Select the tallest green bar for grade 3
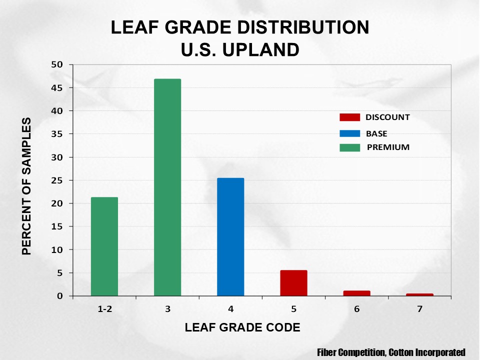click(167, 187)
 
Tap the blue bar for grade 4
click(230, 237)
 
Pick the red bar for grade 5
click(293, 283)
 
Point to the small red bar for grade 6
click(356, 293)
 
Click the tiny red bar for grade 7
click(419, 294)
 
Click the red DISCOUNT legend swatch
click(349, 117)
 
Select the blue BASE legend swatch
click(349, 133)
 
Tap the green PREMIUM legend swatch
click(349, 147)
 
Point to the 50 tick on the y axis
click(59, 64)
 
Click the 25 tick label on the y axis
click(59, 180)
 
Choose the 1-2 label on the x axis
click(104, 309)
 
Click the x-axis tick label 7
click(419, 309)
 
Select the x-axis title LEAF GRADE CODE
click(242, 328)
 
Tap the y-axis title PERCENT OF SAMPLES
click(26, 186)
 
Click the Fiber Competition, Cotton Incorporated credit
click(391, 352)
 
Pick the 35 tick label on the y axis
click(59, 134)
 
